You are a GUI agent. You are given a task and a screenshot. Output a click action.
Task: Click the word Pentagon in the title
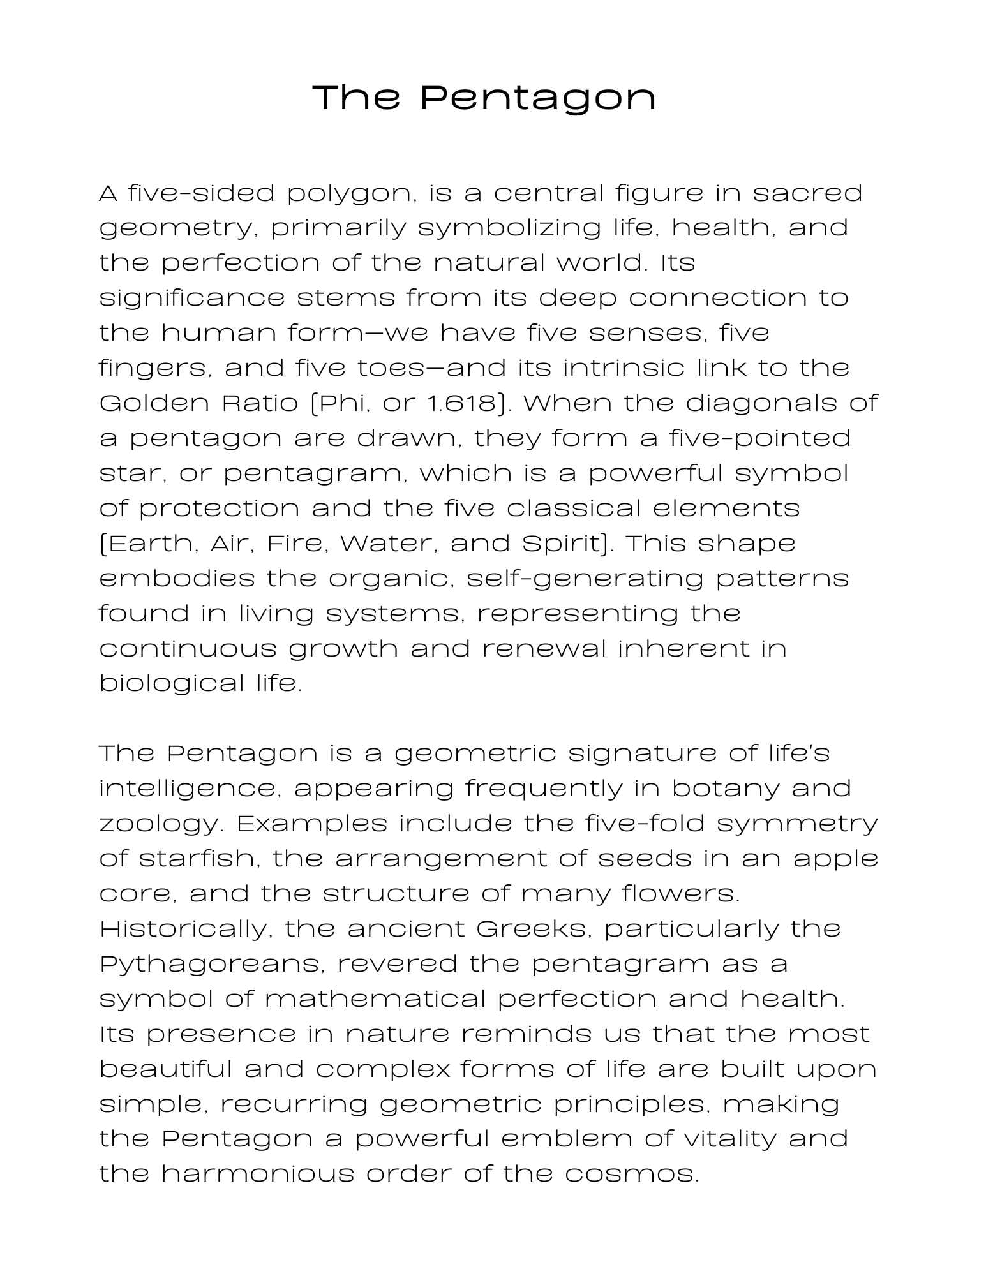538,98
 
